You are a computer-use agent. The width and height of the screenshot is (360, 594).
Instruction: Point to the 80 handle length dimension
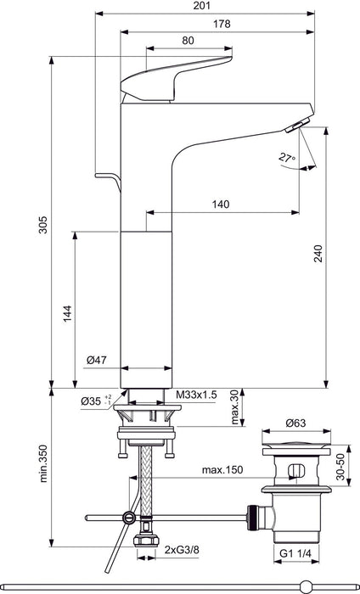point(188,40)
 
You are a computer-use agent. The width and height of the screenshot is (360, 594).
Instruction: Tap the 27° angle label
point(287,156)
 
